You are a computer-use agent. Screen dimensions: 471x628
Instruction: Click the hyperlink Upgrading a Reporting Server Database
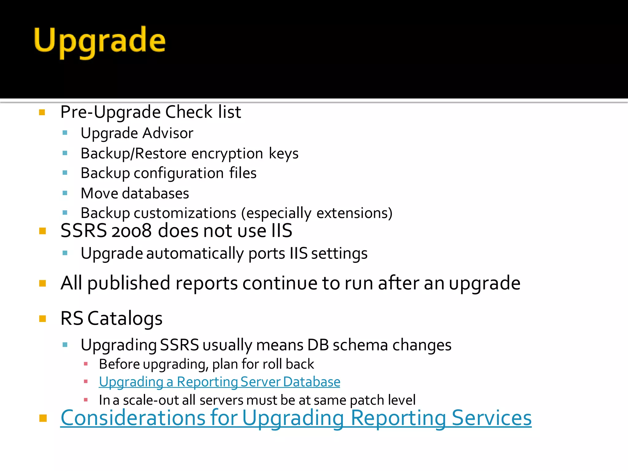coord(219,382)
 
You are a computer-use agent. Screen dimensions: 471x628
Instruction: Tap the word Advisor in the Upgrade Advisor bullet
coord(168,133)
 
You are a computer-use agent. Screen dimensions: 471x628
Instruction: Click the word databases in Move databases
coord(155,193)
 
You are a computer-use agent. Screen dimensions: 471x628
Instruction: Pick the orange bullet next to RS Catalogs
coord(43,319)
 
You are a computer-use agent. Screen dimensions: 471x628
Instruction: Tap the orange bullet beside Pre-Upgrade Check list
coord(42,112)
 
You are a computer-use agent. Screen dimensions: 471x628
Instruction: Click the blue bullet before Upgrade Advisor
coord(65,133)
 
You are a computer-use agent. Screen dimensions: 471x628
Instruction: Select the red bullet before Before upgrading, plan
coord(86,364)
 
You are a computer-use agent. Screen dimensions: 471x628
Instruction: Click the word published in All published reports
coord(128,283)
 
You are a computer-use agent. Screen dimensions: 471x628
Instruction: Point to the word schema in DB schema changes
coord(361,345)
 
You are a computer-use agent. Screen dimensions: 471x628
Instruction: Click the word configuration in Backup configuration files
coord(178,173)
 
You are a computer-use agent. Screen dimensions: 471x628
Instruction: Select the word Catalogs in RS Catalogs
coord(125,319)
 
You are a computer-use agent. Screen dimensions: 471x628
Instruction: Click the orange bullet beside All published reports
coord(43,283)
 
